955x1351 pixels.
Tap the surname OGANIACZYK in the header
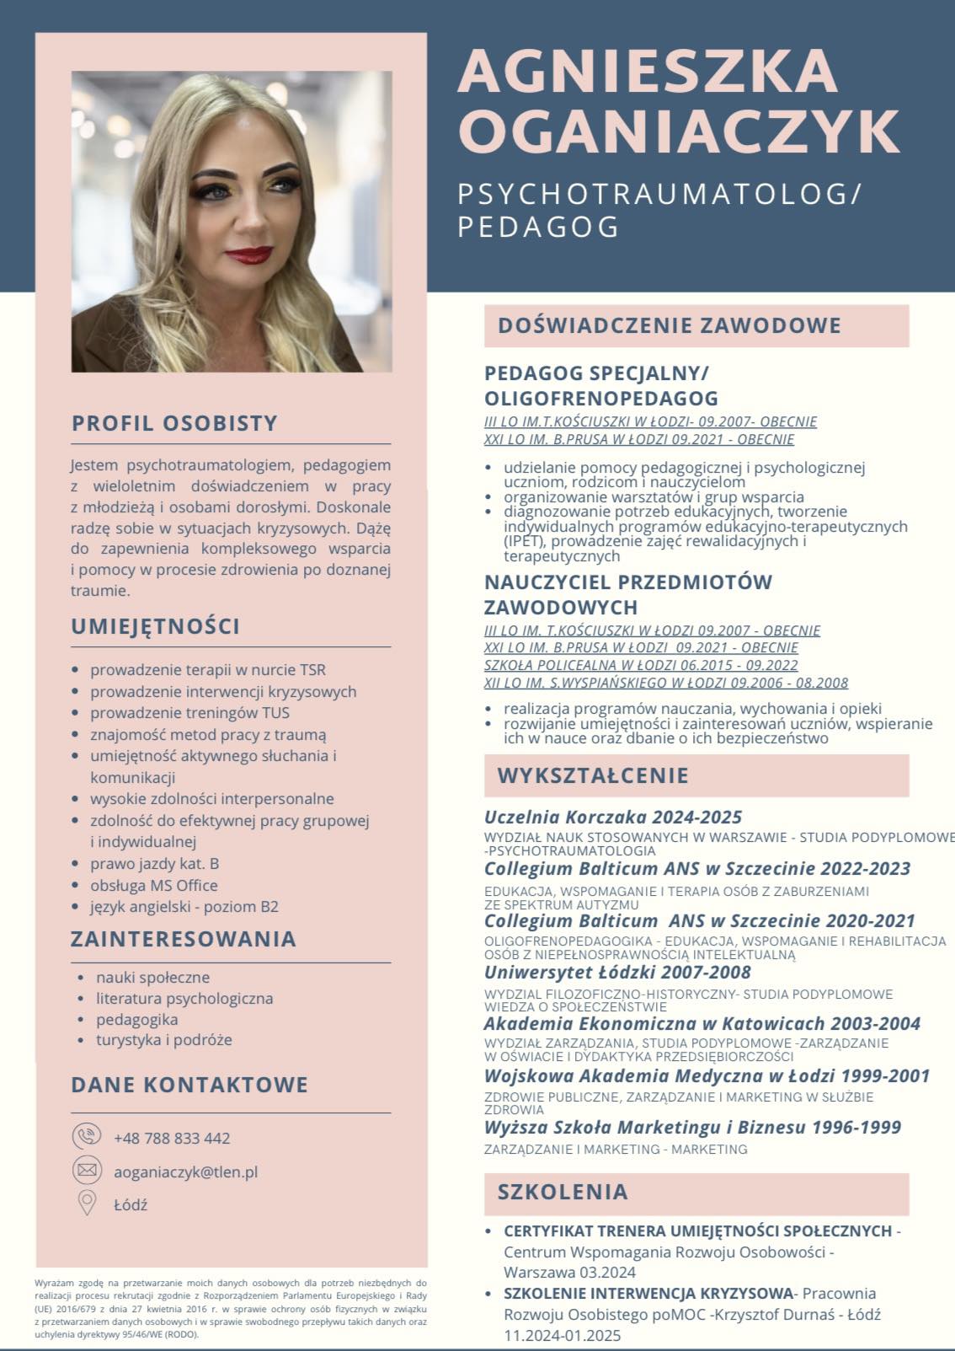click(x=679, y=131)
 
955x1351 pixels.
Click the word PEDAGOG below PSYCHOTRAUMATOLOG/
click(x=539, y=227)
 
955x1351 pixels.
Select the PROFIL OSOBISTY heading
click(x=174, y=423)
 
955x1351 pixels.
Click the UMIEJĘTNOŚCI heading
click(x=156, y=626)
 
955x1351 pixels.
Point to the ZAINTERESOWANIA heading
click(x=184, y=939)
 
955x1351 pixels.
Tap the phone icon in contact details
click(x=87, y=1137)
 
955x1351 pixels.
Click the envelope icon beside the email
click(x=87, y=1171)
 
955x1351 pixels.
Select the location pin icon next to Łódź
click(x=87, y=1204)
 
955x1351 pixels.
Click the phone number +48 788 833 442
click(x=172, y=1138)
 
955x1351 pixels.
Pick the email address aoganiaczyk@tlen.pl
click(x=185, y=1171)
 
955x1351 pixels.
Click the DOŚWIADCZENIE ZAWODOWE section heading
click(x=670, y=326)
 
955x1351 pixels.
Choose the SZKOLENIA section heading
click(x=563, y=1192)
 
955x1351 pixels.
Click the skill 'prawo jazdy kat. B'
click(x=155, y=864)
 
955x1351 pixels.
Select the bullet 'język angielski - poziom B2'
click(x=184, y=907)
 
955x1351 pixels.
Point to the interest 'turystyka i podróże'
click(x=164, y=1040)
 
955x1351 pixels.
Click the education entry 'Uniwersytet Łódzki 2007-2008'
click(x=617, y=972)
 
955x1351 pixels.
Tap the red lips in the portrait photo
click(x=248, y=254)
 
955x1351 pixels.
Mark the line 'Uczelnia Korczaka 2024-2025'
click(x=613, y=817)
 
